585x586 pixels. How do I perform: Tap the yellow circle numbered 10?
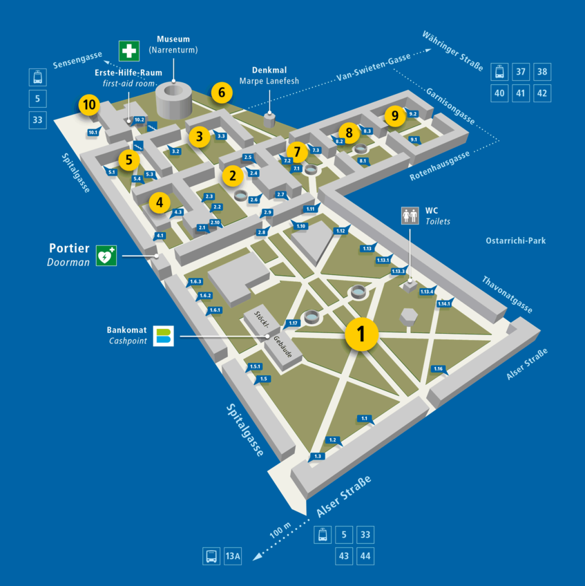pyautogui.click(x=88, y=105)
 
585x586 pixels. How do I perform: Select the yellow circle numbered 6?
pyautogui.click(x=221, y=92)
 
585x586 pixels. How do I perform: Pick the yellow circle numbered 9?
pyautogui.click(x=394, y=115)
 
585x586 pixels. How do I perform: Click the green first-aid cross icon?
pyautogui.click(x=128, y=50)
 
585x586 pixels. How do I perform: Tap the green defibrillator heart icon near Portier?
pyautogui.click(x=106, y=256)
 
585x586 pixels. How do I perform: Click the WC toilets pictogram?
pyautogui.click(x=411, y=216)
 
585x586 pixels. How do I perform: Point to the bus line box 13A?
pyautogui.click(x=233, y=556)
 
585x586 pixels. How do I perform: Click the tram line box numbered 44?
pyautogui.click(x=366, y=556)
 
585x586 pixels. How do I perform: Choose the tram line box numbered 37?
pyautogui.click(x=521, y=72)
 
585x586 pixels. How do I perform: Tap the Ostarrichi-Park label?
pyautogui.click(x=516, y=241)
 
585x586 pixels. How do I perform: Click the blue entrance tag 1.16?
pyautogui.click(x=438, y=369)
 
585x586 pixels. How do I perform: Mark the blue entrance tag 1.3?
pyautogui.click(x=318, y=456)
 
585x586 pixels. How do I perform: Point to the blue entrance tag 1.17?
pyautogui.click(x=294, y=323)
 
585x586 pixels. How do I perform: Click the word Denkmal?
pyautogui.click(x=269, y=70)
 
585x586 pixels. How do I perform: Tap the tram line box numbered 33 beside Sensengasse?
pyautogui.click(x=37, y=120)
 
